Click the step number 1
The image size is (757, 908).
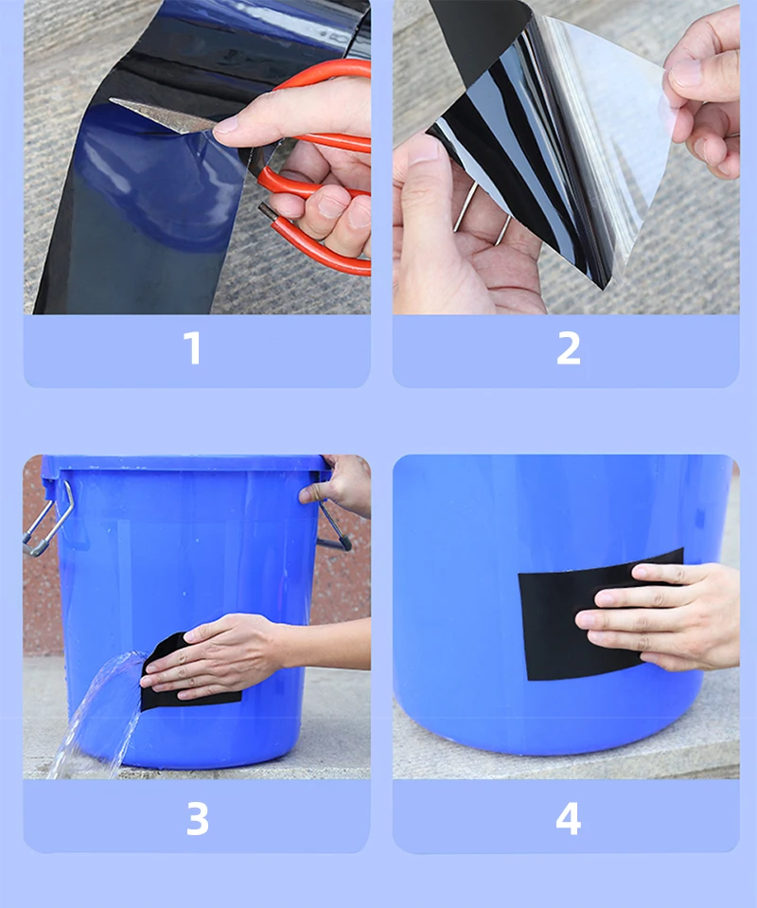point(193,348)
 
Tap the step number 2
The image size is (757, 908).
point(569,348)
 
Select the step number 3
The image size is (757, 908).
point(198,818)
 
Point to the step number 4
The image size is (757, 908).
point(569,818)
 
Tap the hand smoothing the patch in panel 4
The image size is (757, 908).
point(660,614)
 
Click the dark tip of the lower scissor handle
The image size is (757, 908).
point(266,210)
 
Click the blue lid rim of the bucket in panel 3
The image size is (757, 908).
point(185,463)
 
